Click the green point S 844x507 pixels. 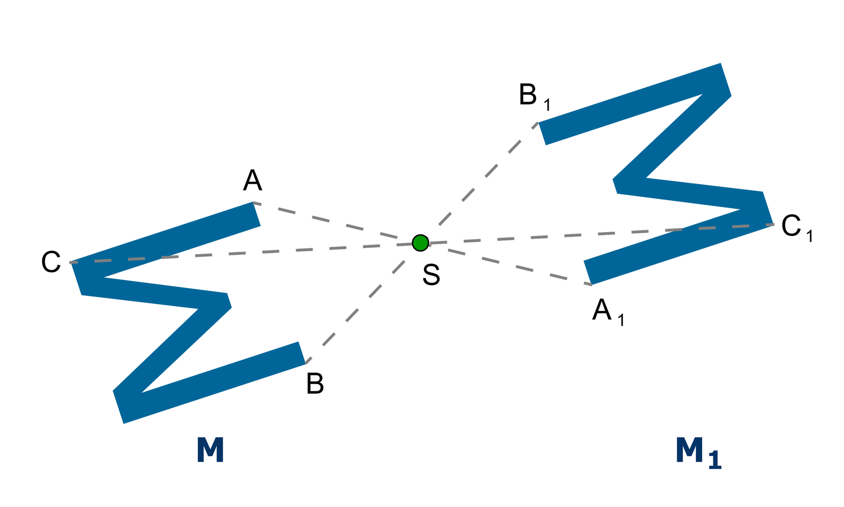[420, 242]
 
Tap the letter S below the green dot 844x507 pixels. [431, 275]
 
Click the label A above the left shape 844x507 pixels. [252, 180]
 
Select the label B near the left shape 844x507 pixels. [315, 383]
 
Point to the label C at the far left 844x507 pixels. [51, 262]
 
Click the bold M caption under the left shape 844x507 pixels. [210, 449]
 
